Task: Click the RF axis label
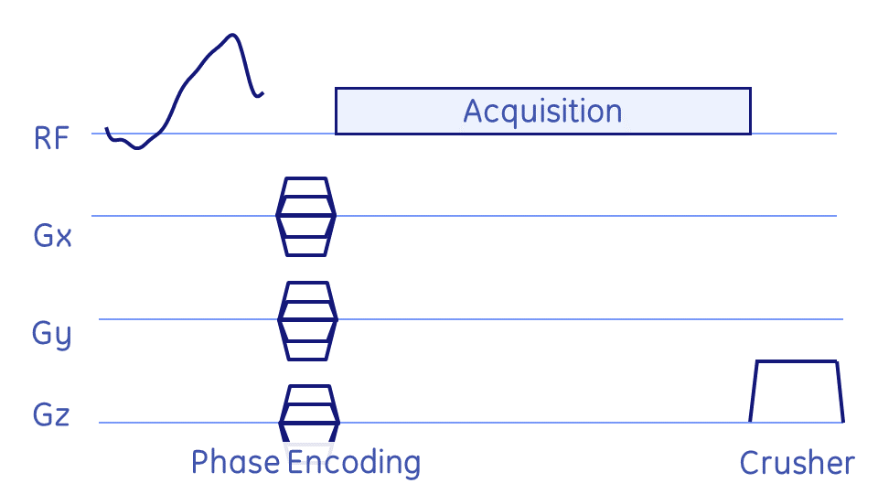[x=50, y=139]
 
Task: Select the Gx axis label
[x=51, y=237]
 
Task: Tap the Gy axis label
[x=51, y=334]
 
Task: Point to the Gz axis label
[x=51, y=415]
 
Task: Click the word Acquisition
[x=542, y=112]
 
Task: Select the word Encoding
[x=354, y=463]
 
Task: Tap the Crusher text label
[x=797, y=464]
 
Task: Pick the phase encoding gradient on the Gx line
[x=306, y=216]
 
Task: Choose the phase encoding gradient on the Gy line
[x=307, y=319]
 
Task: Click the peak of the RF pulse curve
[x=233, y=36]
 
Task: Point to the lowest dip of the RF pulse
[x=137, y=148]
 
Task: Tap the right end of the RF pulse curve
[x=262, y=92]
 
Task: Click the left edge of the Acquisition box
[x=337, y=111]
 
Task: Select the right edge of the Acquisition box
[x=750, y=111]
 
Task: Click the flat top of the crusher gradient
[x=796, y=361]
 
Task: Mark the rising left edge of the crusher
[x=754, y=392]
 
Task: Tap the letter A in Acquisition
[x=473, y=112]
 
